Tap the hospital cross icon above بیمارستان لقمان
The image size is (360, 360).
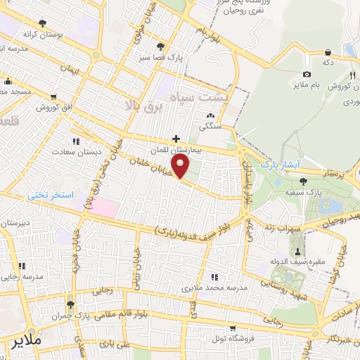click(176, 139)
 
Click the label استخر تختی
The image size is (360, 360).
click(51, 194)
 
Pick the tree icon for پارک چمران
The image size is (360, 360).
click(70, 304)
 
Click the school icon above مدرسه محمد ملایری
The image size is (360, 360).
click(214, 277)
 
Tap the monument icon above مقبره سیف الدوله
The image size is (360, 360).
click(298, 251)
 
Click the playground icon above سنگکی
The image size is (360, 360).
click(210, 116)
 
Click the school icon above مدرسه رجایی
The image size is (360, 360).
click(22, 266)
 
